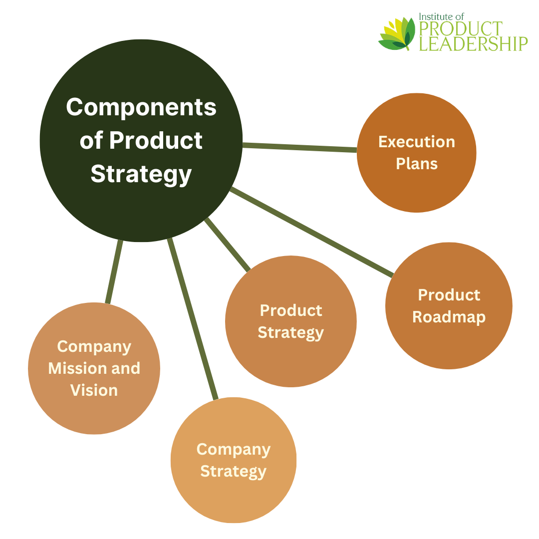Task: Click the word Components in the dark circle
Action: coord(141,107)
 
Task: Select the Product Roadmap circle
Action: coord(449,339)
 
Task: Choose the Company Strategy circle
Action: coord(234,494)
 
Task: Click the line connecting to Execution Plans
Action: coord(299,147)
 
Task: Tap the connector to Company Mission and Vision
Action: coord(114,272)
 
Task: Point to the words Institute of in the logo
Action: coord(442,17)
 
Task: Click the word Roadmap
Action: coord(449,317)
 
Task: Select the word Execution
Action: coord(417,142)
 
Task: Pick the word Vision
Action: coord(94,390)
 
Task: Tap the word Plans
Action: coord(417,164)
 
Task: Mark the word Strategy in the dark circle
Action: coord(141,174)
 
